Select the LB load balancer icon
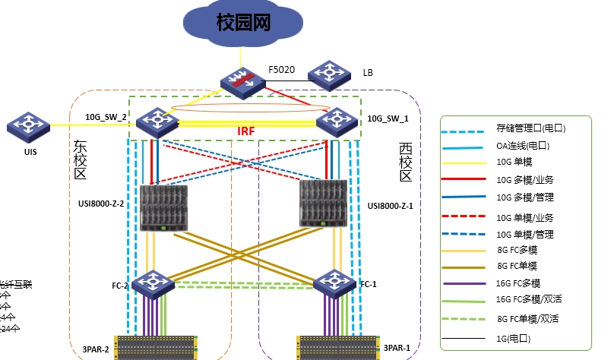pyautogui.click(x=330, y=74)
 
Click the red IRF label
pyautogui.click(x=246, y=131)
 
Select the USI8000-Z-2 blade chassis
pyautogui.click(x=163, y=209)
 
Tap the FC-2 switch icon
pyautogui.click(x=153, y=285)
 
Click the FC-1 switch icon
pyautogui.click(x=335, y=283)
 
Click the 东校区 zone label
pyautogui.click(x=81, y=159)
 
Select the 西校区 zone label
pyautogui.click(x=405, y=162)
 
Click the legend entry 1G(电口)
pyautogui.click(x=514, y=338)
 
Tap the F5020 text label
pyautogui.click(x=280, y=69)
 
